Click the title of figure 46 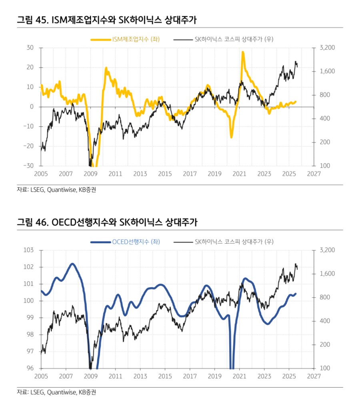point(107,222)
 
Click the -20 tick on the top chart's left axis point(30,146)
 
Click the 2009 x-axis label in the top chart point(91,174)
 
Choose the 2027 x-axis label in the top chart point(314,174)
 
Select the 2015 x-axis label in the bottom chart point(165,376)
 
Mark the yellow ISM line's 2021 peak point(243,52)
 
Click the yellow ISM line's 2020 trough point(231,137)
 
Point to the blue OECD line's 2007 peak point(72,264)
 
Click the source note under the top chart point(56,190)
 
